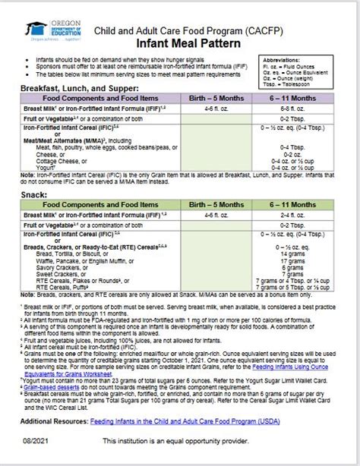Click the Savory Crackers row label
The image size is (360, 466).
tap(58, 267)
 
